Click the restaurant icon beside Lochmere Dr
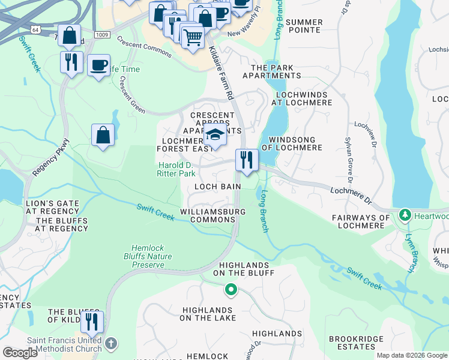[247, 160]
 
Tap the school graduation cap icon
[215, 136]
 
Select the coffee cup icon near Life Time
[98, 65]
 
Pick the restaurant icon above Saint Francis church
[92, 321]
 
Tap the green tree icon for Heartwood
[405, 214]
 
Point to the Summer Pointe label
[304, 26]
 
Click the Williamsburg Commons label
[212, 215]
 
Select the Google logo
[20, 353]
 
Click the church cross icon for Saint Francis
[110, 343]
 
